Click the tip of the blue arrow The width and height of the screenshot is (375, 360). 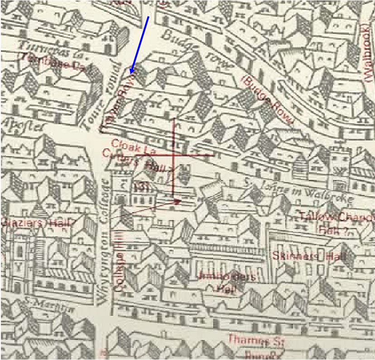(x=130, y=74)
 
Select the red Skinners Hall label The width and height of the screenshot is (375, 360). (x=309, y=256)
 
